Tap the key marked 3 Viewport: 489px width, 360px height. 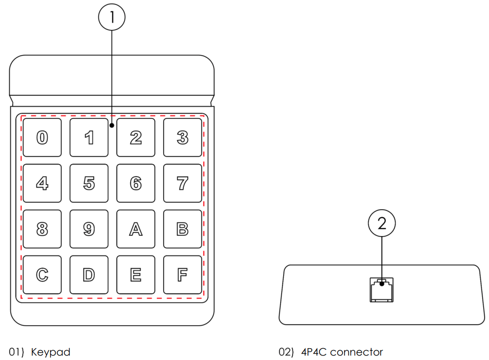tap(182, 138)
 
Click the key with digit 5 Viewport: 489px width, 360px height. tap(89, 183)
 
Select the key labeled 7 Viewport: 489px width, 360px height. tap(182, 183)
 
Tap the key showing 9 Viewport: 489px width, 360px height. tap(89, 229)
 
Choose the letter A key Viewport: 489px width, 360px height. tap(136, 229)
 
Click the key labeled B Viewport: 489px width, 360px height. tap(182, 229)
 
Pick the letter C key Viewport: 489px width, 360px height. tap(42, 275)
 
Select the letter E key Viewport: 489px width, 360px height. tap(136, 275)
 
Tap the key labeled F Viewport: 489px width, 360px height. tap(182, 275)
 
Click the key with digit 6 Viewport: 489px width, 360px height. tap(136, 183)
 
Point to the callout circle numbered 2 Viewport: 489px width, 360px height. tap(382, 224)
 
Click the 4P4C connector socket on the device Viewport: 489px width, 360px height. tap(381, 290)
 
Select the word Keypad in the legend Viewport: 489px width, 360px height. tap(51, 352)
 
